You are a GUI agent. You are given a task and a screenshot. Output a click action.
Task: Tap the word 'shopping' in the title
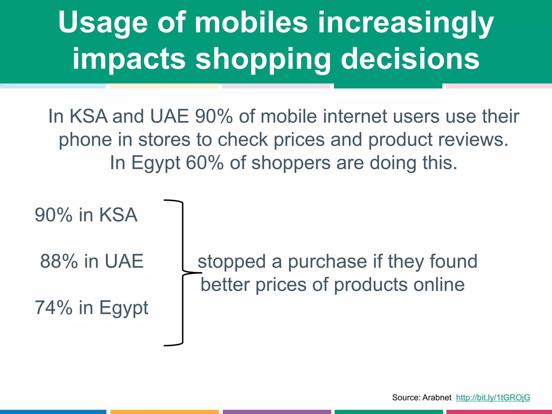[x=263, y=59]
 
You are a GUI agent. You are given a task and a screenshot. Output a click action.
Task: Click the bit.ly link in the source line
[x=493, y=397]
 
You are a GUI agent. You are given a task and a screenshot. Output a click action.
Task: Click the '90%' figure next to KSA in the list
[x=54, y=215]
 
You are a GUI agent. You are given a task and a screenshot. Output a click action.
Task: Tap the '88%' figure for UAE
[x=59, y=261]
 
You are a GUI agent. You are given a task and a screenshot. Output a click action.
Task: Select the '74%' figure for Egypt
[x=54, y=308]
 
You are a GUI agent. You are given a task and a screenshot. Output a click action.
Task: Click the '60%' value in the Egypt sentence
[x=205, y=163]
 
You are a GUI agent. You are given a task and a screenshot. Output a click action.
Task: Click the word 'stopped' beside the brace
[x=232, y=261]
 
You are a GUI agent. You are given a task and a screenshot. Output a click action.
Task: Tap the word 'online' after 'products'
[x=439, y=285]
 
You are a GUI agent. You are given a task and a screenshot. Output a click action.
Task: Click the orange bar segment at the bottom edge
[x=164, y=412]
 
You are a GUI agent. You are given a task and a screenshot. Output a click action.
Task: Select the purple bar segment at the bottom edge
[x=277, y=412]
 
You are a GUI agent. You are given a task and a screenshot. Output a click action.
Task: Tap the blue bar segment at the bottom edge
[x=53, y=412]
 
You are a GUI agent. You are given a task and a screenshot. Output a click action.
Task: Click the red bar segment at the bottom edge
[x=499, y=412]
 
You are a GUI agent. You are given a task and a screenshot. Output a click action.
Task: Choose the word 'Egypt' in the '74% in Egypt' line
[x=124, y=308]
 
